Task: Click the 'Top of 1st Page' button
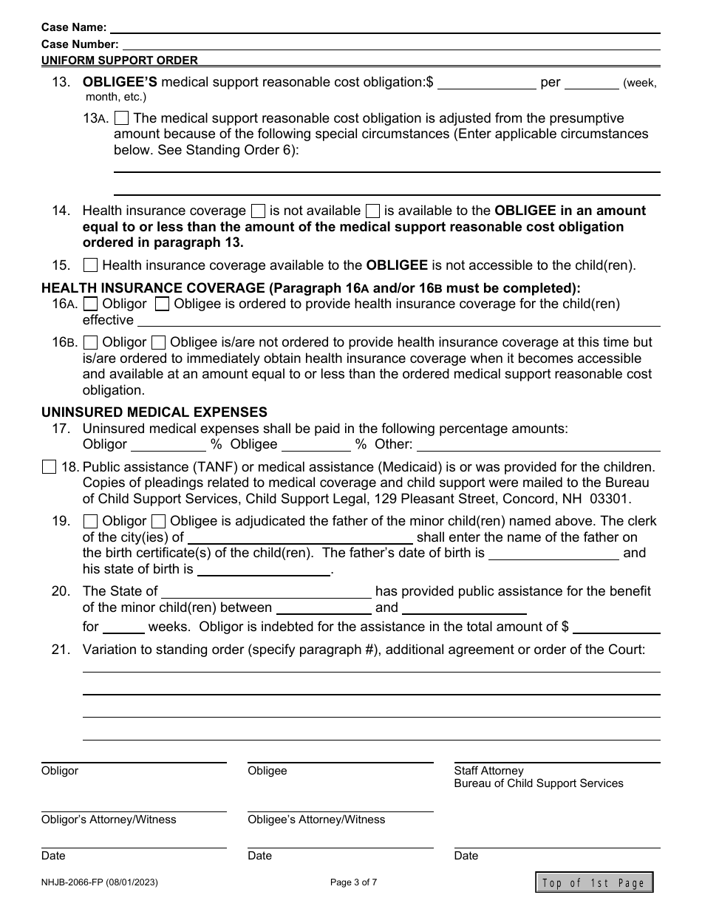pyautogui.click(x=594, y=882)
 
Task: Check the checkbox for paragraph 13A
pyautogui.click(x=123, y=118)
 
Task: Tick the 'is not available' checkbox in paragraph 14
pyautogui.click(x=259, y=211)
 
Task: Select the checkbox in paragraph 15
pyautogui.click(x=90, y=265)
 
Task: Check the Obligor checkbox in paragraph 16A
pyautogui.click(x=90, y=304)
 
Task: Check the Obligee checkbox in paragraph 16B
pyautogui.click(x=158, y=342)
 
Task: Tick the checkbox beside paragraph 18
pyautogui.click(x=49, y=466)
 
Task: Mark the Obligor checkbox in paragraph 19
pyautogui.click(x=90, y=521)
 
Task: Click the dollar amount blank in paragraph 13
pyautogui.click(x=487, y=82)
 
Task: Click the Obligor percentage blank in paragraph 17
pyautogui.click(x=168, y=444)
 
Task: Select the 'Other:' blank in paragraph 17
pyautogui.click(x=539, y=444)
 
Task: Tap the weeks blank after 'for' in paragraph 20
pyautogui.click(x=123, y=627)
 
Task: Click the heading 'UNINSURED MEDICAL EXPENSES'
pyautogui.click(x=154, y=412)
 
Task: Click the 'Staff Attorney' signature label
pyautogui.click(x=488, y=771)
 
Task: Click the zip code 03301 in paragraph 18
pyautogui.click(x=615, y=498)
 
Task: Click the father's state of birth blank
pyautogui.click(x=263, y=569)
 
